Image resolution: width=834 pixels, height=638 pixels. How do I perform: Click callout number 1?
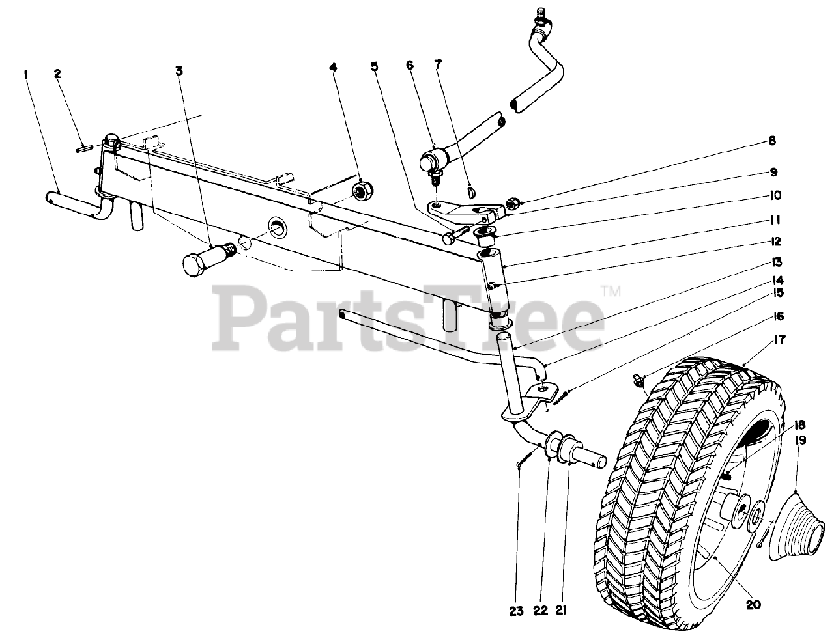coord(25,75)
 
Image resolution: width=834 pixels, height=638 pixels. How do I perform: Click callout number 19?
coord(800,441)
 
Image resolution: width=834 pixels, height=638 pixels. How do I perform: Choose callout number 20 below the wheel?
coord(753,605)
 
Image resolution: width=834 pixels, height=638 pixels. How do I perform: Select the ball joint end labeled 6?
coord(432,158)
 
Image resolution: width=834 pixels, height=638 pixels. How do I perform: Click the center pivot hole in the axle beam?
coord(278,227)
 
